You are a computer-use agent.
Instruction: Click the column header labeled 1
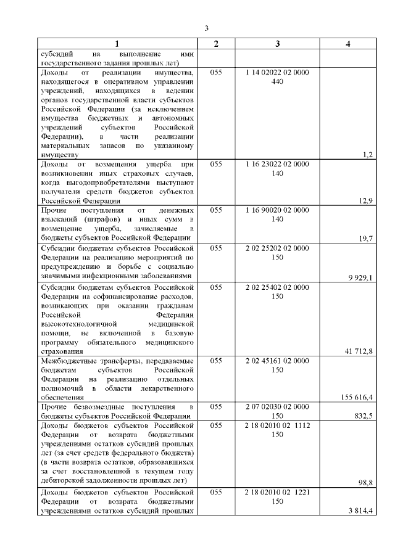[x=117, y=44]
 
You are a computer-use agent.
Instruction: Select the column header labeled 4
[x=348, y=44]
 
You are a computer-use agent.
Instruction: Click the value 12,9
[x=365, y=200]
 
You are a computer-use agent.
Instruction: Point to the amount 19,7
[x=365, y=238]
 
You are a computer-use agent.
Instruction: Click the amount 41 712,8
[x=358, y=351]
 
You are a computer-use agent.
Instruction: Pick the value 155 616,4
[x=356, y=397]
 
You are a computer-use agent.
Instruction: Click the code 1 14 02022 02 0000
[x=277, y=73]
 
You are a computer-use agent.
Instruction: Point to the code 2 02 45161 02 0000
[x=277, y=361]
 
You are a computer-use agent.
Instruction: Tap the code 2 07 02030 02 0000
[x=277, y=407]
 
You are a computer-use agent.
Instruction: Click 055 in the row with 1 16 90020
[x=216, y=210]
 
